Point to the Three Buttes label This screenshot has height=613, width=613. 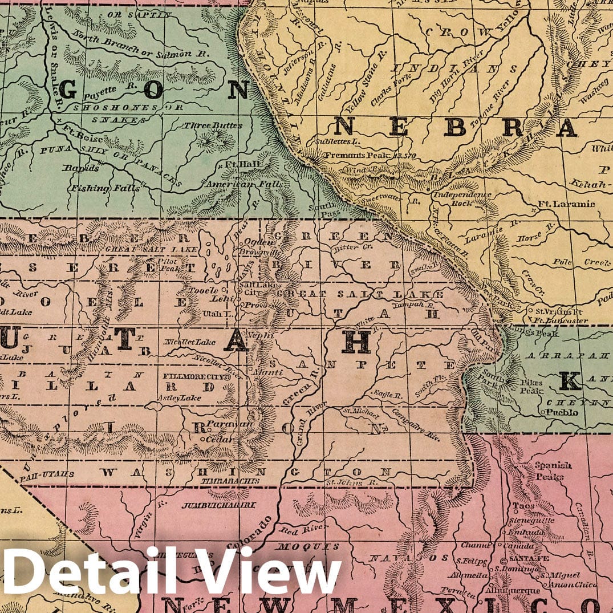click(213, 125)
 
